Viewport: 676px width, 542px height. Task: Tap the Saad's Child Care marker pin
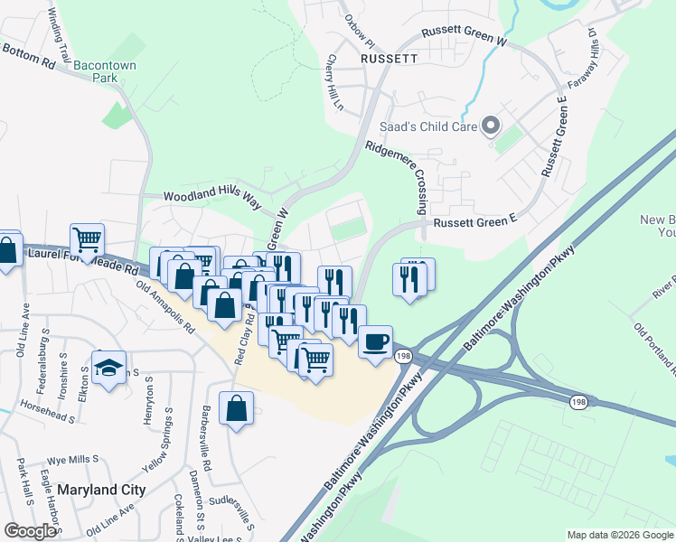click(491, 126)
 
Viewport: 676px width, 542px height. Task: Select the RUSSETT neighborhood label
click(389, 59)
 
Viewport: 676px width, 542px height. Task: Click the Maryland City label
click(101, 490)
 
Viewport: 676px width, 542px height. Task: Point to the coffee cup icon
click(374, 342)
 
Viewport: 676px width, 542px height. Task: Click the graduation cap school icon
click(108, 367)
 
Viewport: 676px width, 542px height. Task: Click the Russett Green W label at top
click(466, 36)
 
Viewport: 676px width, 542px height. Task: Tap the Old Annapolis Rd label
click(165, 309)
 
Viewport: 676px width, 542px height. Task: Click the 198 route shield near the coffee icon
click(403, 358)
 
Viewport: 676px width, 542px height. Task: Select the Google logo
click(30, 531)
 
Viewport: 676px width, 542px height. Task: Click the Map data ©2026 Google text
click(619, 535)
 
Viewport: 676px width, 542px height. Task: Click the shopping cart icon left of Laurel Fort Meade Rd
click(88, 240)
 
